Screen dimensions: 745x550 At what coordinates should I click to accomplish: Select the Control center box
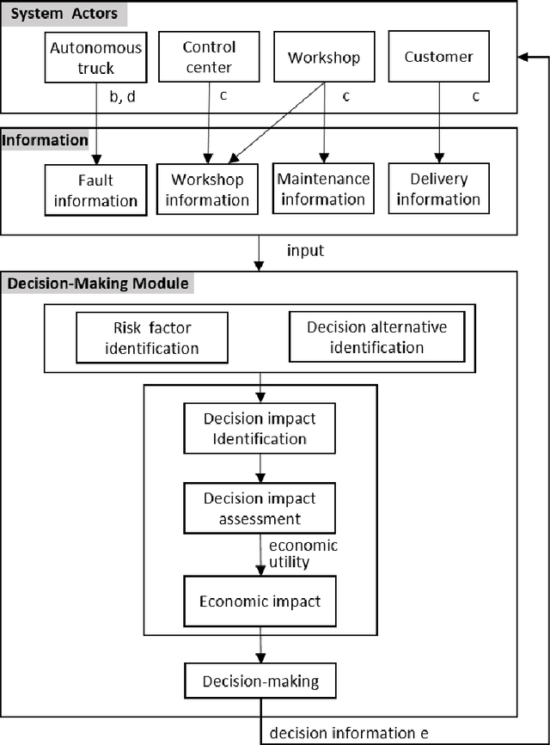pos(209,57)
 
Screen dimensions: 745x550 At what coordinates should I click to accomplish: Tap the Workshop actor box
pos(324,58)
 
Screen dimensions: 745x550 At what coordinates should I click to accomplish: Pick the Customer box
pos(438,57)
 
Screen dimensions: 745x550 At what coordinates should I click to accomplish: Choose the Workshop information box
pos(207,190)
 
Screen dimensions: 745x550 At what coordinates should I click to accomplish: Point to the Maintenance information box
pos(323,189)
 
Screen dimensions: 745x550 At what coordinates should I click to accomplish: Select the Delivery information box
pos(438,189)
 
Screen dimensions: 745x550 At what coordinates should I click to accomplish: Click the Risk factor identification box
pos(152,338)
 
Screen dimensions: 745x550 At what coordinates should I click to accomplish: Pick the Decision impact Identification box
pos(260,429)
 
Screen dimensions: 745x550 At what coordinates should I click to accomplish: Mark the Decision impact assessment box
pos(260,508)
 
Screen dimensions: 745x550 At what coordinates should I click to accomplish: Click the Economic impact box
pos(260,601)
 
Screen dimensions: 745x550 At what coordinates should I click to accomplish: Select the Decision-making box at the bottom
pos(260,681)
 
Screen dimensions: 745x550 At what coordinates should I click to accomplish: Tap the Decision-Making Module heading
pos(98,283)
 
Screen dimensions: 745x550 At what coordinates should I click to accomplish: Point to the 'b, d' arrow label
pos(122,96)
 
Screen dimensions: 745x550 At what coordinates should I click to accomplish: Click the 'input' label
pos(304,250)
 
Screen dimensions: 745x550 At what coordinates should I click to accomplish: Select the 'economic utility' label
pos(302,553)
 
